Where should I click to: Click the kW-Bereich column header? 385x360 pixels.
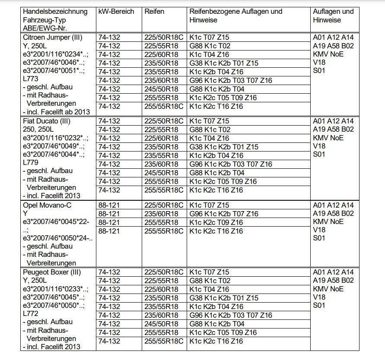116,12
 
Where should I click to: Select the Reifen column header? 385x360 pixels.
154,12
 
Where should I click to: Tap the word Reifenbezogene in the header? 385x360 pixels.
213,12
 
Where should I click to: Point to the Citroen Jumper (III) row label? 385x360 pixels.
53,38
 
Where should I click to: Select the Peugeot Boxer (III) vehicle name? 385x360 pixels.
52,272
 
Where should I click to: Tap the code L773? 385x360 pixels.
31,79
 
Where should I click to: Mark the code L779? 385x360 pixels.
31,163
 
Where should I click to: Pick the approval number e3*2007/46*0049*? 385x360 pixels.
53,146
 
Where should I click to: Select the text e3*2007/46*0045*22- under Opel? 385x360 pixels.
56,222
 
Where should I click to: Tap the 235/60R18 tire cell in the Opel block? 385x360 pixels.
161,214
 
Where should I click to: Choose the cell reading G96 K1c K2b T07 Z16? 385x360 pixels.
223,214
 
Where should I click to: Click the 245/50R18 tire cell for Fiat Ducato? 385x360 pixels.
161,173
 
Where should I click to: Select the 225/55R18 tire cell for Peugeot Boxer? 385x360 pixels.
161,281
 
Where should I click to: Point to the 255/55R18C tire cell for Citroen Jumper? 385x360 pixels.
163,106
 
